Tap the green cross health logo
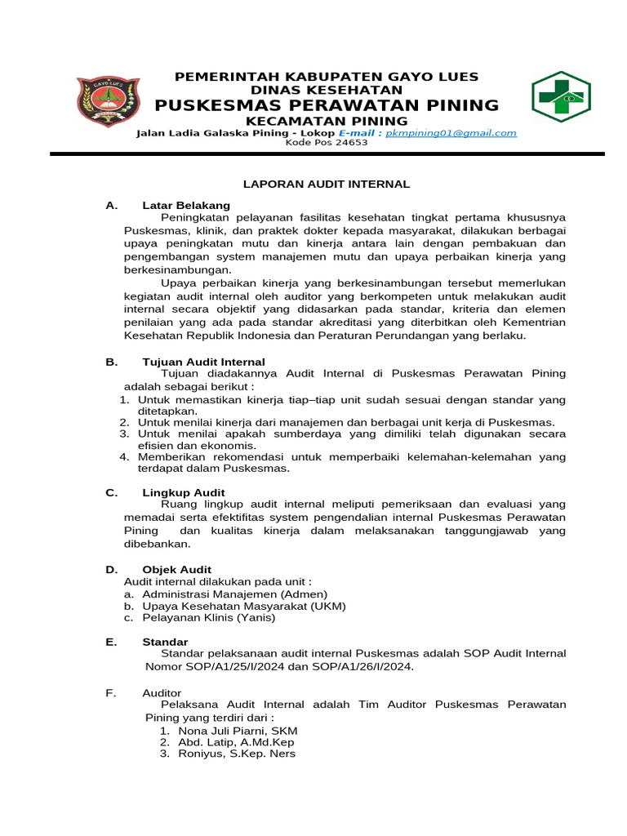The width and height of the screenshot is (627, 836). click(x=562, y=96)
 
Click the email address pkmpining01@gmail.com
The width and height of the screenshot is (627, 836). click(x=451, y=133)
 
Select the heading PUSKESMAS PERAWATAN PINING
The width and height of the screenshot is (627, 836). click(x=327, y=105)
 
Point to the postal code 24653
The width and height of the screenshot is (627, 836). click(x=351, y=143)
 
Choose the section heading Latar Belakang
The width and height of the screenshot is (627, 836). click(x=186, y=205)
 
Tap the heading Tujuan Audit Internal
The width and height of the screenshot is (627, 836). click(x=203, y=362)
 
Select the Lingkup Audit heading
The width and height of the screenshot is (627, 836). click(x=184, y=492)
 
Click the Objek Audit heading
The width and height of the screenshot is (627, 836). click(x=177, y=569)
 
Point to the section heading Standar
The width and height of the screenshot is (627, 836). click(x=165, y=642)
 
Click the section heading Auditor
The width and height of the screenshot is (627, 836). click(x=162, y=692)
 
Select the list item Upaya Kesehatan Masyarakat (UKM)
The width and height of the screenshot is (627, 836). click(x=244, y=606)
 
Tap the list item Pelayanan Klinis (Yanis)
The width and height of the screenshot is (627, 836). click(x=209, y=618)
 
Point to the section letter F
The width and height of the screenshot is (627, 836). click(x=110, y=692)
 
